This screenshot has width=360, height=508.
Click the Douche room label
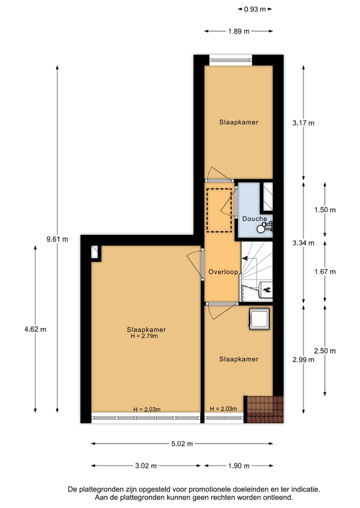tap(254, 219)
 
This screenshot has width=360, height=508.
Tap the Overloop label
tap(222, 272)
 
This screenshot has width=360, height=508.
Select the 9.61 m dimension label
tap(56, 239)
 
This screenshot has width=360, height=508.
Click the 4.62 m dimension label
tap(35, 329)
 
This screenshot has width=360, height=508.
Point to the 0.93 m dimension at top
tap(254, 8)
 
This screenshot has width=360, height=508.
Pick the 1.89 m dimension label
tap(238, 31)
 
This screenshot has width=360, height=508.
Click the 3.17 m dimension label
tap(303, 123)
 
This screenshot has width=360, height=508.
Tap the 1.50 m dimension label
tap(325, 210)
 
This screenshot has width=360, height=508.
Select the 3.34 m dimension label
tap(303, 243)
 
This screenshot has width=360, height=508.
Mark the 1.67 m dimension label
tap(325, 272)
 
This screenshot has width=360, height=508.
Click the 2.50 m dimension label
tap(325, 350)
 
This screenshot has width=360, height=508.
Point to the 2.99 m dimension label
tap(303, 359)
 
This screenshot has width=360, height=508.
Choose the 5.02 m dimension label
tap(182, 443)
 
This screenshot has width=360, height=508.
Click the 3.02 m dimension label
tap(146, 466)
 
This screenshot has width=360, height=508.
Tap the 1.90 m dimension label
tap(238, 466)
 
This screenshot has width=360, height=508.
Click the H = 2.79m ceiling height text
tap(146, 336)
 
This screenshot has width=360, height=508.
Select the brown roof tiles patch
tap(263, 409)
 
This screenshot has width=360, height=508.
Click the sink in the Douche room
tap(262, 228)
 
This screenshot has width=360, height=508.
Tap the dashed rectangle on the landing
tap(219, 210)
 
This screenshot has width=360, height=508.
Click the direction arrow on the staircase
tap(245, 258)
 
